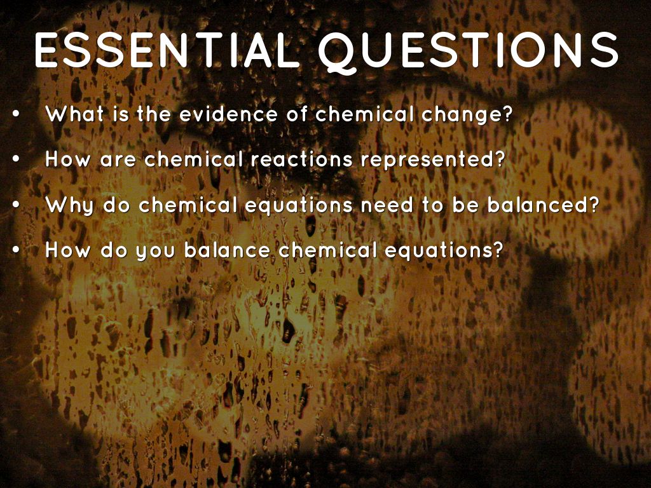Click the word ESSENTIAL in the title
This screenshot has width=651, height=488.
tap(167, 49)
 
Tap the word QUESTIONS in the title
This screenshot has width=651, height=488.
tap(468, 50)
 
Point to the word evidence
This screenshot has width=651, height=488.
tap(228, 115)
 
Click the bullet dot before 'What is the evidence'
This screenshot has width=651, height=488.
tap(16, 116)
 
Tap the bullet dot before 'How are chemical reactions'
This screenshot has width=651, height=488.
tap(16, 160)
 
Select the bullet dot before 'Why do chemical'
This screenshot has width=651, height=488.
tap(16, 205)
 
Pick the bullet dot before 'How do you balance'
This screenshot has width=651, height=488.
tap(16, 250)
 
